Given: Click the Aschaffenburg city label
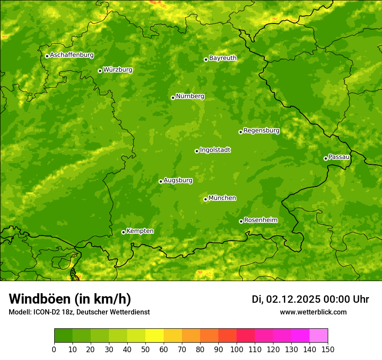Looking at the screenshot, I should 72,55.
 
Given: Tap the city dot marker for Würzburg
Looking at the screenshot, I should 100,71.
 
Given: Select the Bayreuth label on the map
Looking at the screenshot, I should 223,58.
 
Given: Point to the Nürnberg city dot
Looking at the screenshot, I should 173,98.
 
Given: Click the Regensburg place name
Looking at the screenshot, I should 261,131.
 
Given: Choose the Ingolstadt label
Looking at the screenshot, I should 215,150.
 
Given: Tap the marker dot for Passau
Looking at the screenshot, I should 326,158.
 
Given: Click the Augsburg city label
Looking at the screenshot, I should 178,180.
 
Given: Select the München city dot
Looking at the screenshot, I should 205,199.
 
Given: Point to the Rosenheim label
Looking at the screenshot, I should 260,220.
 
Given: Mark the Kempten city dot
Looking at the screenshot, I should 123,232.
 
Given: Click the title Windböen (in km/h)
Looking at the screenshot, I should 70,299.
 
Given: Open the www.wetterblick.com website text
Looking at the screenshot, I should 313,312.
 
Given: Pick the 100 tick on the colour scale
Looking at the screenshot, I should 237,349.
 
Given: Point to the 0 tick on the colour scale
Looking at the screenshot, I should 54,349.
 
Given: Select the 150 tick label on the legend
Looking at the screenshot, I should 328,349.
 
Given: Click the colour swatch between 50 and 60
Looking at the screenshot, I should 155,336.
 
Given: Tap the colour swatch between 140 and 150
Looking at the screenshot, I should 319,336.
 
